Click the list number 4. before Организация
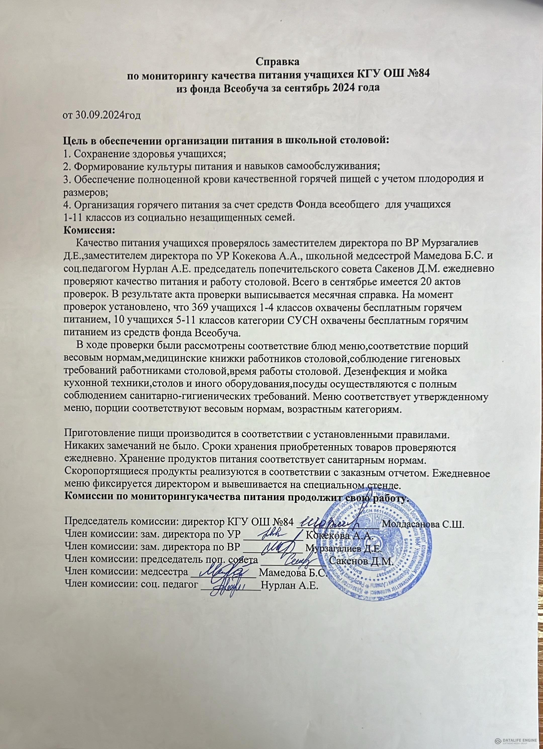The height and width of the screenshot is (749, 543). [x=67, y=205]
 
